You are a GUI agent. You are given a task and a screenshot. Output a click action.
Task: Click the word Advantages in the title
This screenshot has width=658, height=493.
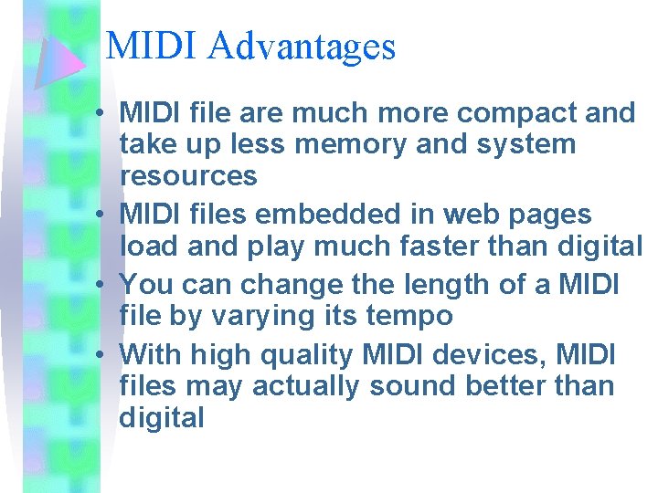coord(302,47)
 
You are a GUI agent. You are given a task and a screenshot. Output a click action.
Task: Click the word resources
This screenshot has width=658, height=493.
coord(188,175)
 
